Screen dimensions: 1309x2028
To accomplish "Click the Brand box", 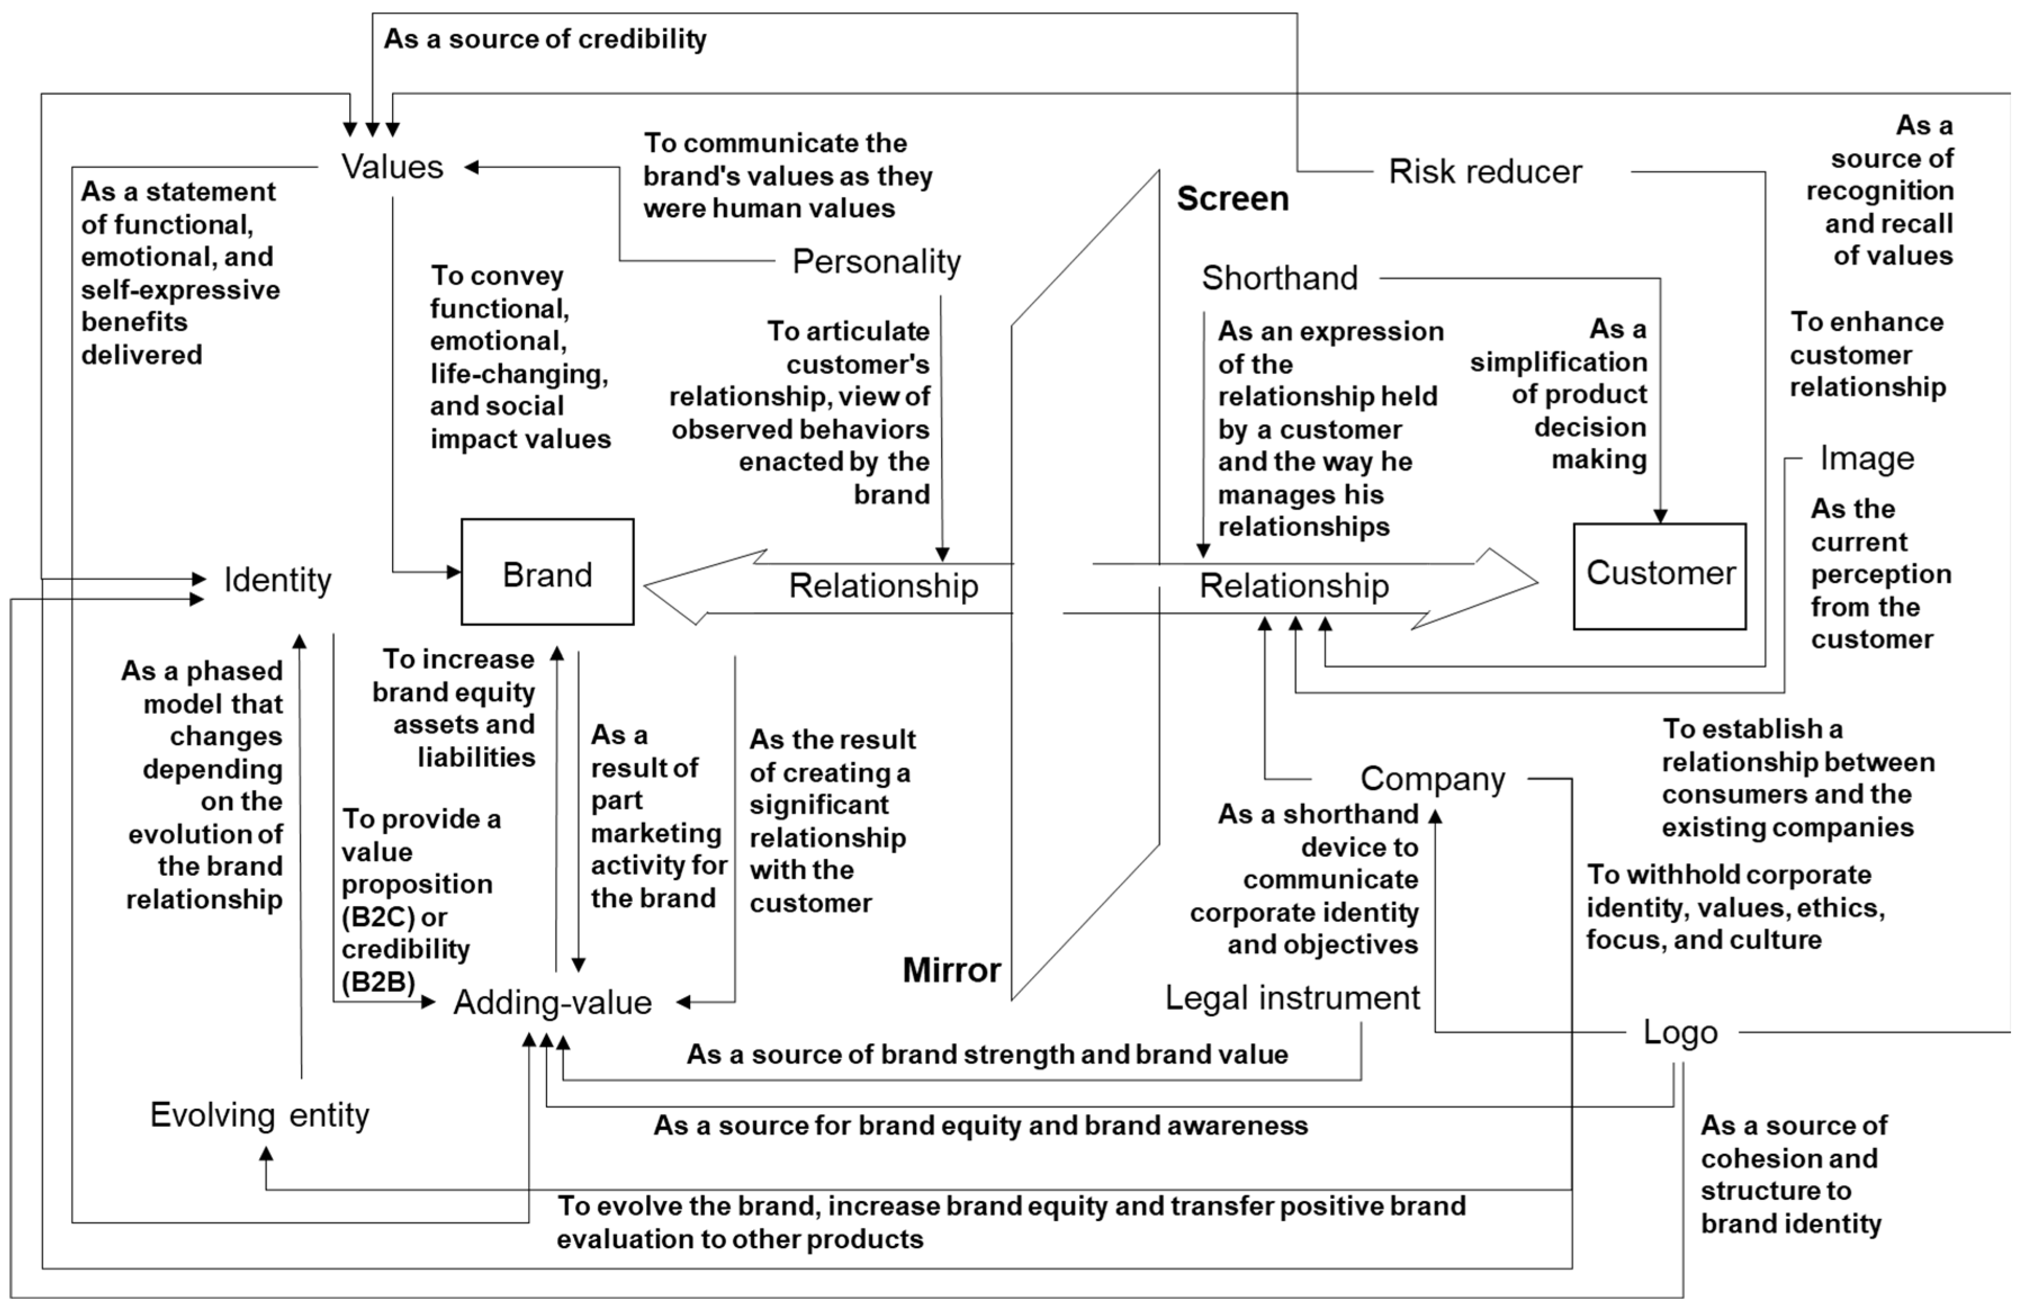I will click(547, 572).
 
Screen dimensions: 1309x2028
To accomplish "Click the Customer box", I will click(1659, 575).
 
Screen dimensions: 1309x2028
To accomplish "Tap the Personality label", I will click(876, 261).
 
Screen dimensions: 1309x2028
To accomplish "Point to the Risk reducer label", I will click(1484, 172).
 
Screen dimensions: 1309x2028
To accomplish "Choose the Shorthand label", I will click(1279, 278).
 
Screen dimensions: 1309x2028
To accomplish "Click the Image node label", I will click(1867, 458).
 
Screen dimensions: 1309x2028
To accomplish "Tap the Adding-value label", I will click(552, 1003).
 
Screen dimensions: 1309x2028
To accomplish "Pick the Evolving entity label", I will click(259, 1114).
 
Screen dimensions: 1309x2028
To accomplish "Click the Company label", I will click(1432, 779).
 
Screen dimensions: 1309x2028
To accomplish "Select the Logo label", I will click(1680, 1032).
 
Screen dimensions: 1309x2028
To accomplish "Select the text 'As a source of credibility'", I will click(544, 39).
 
